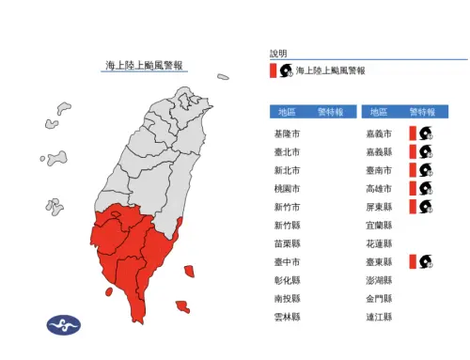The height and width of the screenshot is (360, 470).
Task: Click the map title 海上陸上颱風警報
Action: point(145,66)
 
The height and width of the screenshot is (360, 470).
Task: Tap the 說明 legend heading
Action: point(278,54)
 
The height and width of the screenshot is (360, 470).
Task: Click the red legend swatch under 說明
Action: point(273,70)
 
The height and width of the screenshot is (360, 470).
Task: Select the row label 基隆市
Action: point(287,133)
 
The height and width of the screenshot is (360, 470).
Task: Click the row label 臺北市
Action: point(287,152)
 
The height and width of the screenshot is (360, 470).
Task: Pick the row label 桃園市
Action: point(287,189)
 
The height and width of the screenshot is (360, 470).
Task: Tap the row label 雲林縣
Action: point(287,318)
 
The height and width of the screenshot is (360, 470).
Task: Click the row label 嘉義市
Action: point(378,133)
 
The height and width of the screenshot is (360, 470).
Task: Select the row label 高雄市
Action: point(378,189)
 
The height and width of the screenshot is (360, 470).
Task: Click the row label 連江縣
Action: point(378,318)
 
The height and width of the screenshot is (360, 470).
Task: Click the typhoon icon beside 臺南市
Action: point(425,170)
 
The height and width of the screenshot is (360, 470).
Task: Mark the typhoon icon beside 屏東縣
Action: point(425,207)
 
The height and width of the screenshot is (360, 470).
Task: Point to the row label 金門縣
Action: point(378,299)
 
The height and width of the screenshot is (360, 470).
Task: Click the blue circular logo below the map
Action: point(64,325)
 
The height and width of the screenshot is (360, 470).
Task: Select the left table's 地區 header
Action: point(286,111)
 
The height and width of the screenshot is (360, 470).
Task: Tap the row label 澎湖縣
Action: point(378,280)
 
